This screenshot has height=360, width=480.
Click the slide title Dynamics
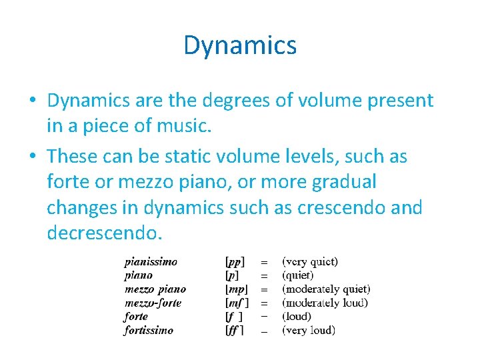[x=240, y=45]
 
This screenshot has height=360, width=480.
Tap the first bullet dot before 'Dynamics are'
[x=32, y=101]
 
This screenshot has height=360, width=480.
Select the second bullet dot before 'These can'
[x=32, y=157]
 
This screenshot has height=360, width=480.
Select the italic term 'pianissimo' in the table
[x=151, y=262]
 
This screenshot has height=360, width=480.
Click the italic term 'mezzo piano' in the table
[x=155, y=289]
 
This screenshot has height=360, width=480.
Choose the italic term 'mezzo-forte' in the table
[x=153, y=303]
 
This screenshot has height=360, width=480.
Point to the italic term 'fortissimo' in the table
[x=149, y=330]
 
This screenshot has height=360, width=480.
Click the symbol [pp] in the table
[x=235, y=262]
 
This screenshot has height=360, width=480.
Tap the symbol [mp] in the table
[x=237, y=289]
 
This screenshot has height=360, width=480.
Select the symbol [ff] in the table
[x=234, y=330]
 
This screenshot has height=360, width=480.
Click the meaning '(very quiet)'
[x=310, y=262]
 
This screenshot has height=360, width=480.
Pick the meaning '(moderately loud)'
[x=325, y=303]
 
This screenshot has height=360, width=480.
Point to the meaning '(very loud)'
[x=309, y=330]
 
